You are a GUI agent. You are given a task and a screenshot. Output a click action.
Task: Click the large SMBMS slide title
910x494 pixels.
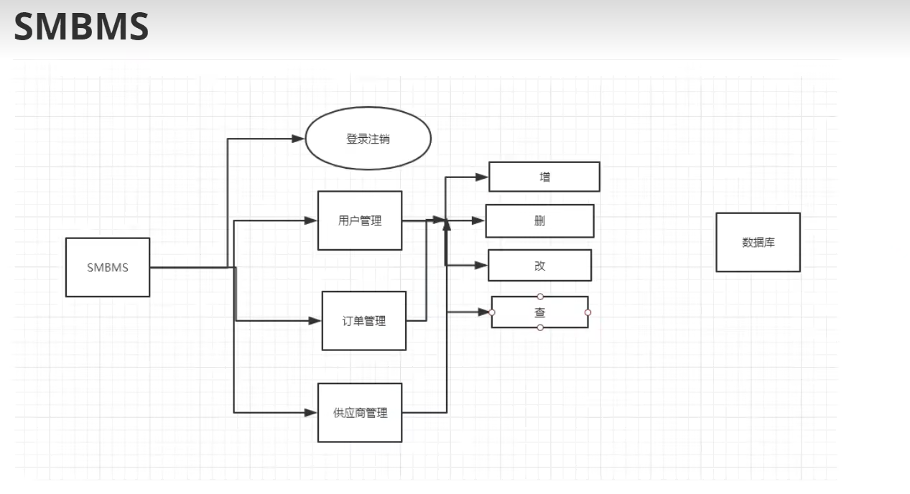(x=81, y=27)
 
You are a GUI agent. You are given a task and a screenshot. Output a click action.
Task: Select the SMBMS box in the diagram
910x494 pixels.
(x=108, y=267)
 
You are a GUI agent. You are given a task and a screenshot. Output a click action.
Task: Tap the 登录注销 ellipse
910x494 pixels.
(x=368, y=139)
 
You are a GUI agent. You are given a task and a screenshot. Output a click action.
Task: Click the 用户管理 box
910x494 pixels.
(x=360, y=220)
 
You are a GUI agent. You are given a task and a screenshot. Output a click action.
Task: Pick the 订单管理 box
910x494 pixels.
(x=364, y=321)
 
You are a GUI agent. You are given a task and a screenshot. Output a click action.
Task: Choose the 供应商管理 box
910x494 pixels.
(x=360, y=413)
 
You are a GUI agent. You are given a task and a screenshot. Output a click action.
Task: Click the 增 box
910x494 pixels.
(x=544, y=177)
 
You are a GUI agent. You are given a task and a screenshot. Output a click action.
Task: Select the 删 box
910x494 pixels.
(x=539, y=220)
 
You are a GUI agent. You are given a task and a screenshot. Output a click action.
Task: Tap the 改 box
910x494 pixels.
(x=539, y=265)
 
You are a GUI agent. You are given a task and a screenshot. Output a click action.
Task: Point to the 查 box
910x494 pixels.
(x=539, y=312)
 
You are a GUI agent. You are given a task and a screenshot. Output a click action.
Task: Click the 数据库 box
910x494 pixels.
(x=758, y=242)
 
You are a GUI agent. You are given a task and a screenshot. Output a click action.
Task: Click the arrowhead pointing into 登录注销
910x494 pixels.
(x=298, y=139)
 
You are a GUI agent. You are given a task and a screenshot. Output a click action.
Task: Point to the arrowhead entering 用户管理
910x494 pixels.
(x=311, y=220)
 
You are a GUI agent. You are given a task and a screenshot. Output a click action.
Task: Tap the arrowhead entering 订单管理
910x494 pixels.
(x=315, y=321)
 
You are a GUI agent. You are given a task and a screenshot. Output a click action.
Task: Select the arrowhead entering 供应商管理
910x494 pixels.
(x=311, y=413)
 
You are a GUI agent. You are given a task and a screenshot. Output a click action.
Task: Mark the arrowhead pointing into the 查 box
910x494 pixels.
(x=483, y=312)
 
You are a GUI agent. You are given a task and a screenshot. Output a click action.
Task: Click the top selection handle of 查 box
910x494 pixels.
(x=540, y=297)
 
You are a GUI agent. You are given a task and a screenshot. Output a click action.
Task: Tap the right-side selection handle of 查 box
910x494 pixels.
(x=588, y=312)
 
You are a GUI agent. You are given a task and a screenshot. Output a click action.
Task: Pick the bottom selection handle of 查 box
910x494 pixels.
(x=540, y=327)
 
